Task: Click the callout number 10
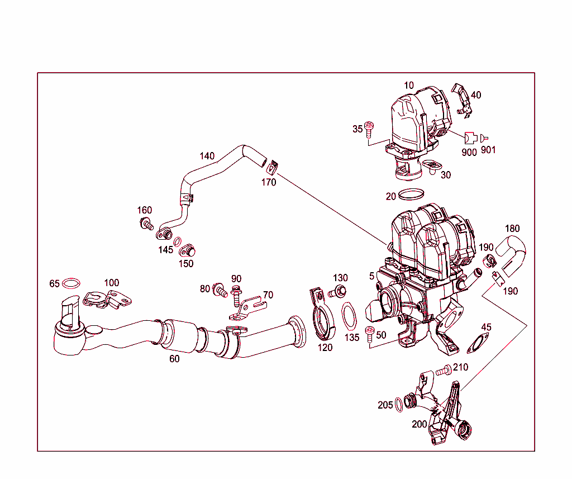tap(409, 85)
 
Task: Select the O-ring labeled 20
tap(412, 195)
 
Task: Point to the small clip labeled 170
tap(273, 167)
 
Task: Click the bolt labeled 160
tap(146, 225)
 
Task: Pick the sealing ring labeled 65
tap(70, 283)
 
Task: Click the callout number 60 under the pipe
tap(174, 359)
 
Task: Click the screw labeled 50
tap(368, 334)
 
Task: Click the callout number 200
tap(420, 424)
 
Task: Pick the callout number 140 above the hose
tap(207, 156)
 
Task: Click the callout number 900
tap(469, 151)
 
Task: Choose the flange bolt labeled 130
tap(337, 291)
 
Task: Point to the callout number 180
tap(512, 228)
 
